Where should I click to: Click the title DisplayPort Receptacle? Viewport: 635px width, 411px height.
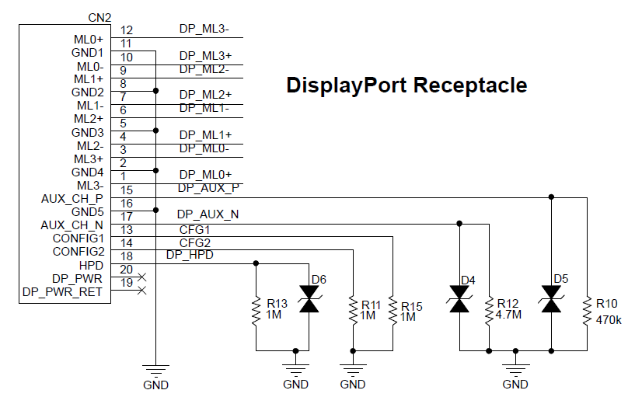coord(406,85)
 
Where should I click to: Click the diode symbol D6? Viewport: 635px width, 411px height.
coord(310,300)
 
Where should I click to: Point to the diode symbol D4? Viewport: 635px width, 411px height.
coord(459,300)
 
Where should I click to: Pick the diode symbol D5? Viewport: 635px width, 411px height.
coord(552,300)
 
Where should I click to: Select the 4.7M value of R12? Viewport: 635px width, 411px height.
coord(509,317)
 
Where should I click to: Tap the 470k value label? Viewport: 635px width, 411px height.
coord(608,319)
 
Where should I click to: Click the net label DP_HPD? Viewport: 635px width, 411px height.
coord(190,255)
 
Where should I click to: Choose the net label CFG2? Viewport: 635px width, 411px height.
coord(195,242)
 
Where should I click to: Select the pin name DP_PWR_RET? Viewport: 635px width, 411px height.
coord(62,291)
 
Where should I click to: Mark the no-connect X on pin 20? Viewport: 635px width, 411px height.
coord(141,277)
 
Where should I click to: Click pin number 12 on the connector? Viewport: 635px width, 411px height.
coord(127,30)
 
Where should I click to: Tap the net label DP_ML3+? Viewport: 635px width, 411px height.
coord(205,56)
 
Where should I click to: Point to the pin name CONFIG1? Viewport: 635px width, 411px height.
coord(79,239)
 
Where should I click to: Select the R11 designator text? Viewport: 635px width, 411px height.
coord(370,306)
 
